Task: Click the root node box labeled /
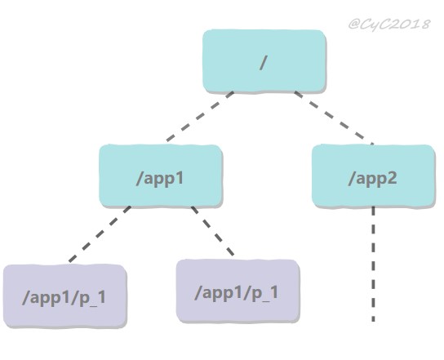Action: tap(264, 61)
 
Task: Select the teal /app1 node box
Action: tap(161, 176)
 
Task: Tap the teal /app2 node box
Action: tap(373, 176)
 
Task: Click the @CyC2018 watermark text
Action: tap(389, 24)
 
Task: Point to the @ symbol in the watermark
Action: tap(354, 24)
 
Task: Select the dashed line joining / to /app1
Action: tap(200, 116)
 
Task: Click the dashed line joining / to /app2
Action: tap(334, 118)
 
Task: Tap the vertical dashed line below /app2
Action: tap(373, 264)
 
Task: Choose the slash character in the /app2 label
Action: tap(353, 179)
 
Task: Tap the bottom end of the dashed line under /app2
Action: tap(373, 322)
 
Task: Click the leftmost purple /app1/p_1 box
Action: tap(64, 296)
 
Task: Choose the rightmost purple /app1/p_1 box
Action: tap(238, 291)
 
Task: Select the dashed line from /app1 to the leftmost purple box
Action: tap(100, 234)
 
